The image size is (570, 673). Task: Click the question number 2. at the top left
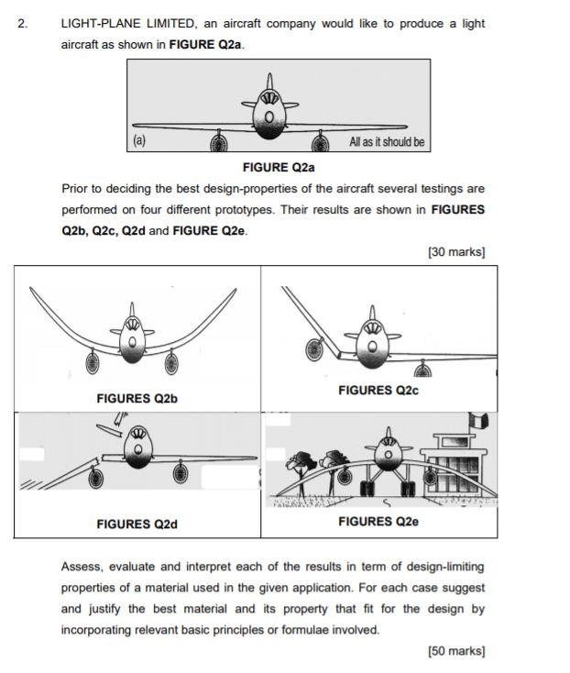click(x=23, y=23)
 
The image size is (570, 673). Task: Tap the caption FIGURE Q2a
click(x=279, y=167)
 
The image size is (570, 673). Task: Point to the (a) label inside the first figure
click(x=139, y=141)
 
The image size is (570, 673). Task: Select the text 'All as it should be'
click(x=387, y=142)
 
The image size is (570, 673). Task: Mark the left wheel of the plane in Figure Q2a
click(x=218, y=142)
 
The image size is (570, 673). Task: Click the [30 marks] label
click(x=455, y=251)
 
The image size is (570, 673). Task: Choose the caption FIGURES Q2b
click(x=137, y=399)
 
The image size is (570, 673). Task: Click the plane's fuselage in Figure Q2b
click(x=134, y=342)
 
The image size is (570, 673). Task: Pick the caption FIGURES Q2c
click(x=378, y=391)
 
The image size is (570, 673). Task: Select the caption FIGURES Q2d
click(x=137, y=524)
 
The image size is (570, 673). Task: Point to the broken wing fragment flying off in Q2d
click(x=115, y=421)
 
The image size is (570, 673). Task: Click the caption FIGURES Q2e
click(x=378, y=522)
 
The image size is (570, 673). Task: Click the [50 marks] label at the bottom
click(x=455, y=651)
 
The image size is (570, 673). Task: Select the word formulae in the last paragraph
click(x=332, y=630)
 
